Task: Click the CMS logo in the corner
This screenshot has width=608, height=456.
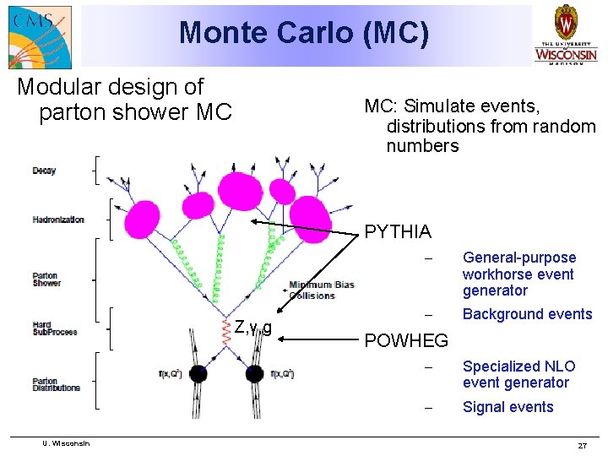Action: pyautogui.click(x=39, y=35)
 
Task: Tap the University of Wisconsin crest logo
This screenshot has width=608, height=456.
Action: pyautogui.click(x=565, y=34)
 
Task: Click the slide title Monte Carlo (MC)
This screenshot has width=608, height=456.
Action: pyautogui.click(x=304, y=33)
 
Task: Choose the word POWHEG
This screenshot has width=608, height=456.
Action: pyautogui.click(x=405, y=340)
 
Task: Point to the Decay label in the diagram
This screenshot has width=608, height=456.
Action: pyautogui.click(x=44, y=171)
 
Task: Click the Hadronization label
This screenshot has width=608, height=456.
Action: pyautogui.click(x=58, y=220)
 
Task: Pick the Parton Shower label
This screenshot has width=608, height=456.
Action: pyautogui.click(x=46, y=280)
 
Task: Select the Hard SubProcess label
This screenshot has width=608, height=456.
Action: pyautogui.click(x=55, y=328)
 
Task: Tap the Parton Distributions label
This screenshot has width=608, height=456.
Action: pyautogui.click(x=57, y=384)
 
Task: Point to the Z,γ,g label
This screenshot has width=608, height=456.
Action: pyautogui.click(x=253, y=327)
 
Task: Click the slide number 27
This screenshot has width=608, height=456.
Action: pyautogui.click(x=582, y=445)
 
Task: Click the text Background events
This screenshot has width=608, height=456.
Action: pyautogui.click(x=527, y=314)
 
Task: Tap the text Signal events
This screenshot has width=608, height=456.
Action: pyautogui.click(x=508, y=407)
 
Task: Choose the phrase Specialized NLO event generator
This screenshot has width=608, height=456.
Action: pyautogui.click(x=518, y=374)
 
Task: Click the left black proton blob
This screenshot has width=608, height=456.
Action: pyautogui.click(x=198, y=372)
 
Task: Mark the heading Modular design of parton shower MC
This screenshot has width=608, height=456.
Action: pyautogui.click(x=122, y=99)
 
